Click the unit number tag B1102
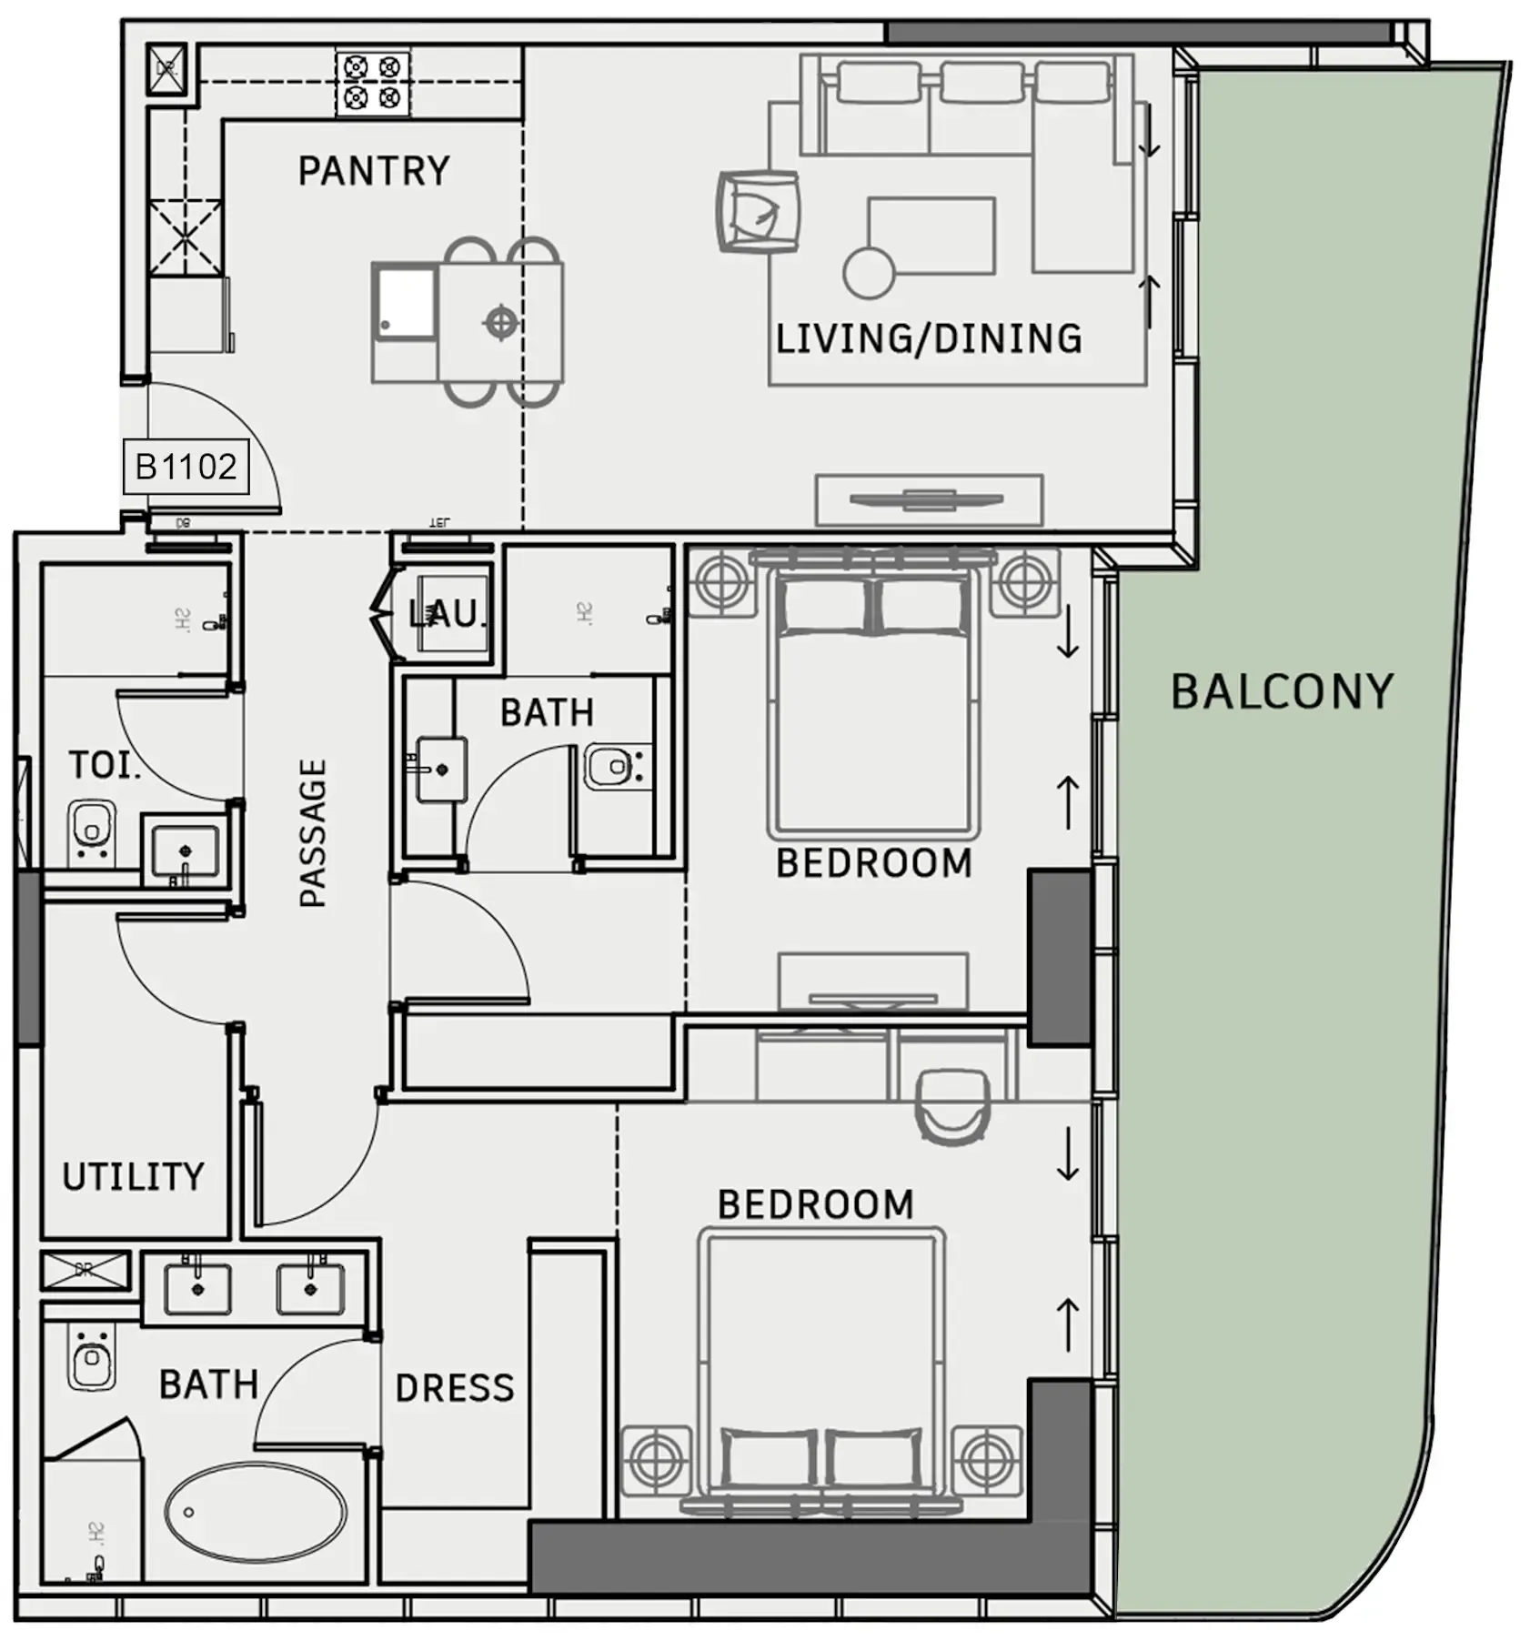pos(186,467)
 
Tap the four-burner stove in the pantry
pos(372,83)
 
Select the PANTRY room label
pos(374,171)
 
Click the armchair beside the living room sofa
pos(759,212)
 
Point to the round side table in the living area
pos(869,272)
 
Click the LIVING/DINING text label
pos(928,338)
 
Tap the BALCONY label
pos(1281,691)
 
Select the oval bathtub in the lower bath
pos(256,1512)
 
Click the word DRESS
pos(455,1388)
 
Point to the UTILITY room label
pos(133,1176)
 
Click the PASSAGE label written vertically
pos(312,832)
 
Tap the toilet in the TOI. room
pos(91,831)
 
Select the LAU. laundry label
pos(446,614)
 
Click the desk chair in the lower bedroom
pos(952,1104)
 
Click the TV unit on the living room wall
pos(928,499)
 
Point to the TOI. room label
pos(105,765)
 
